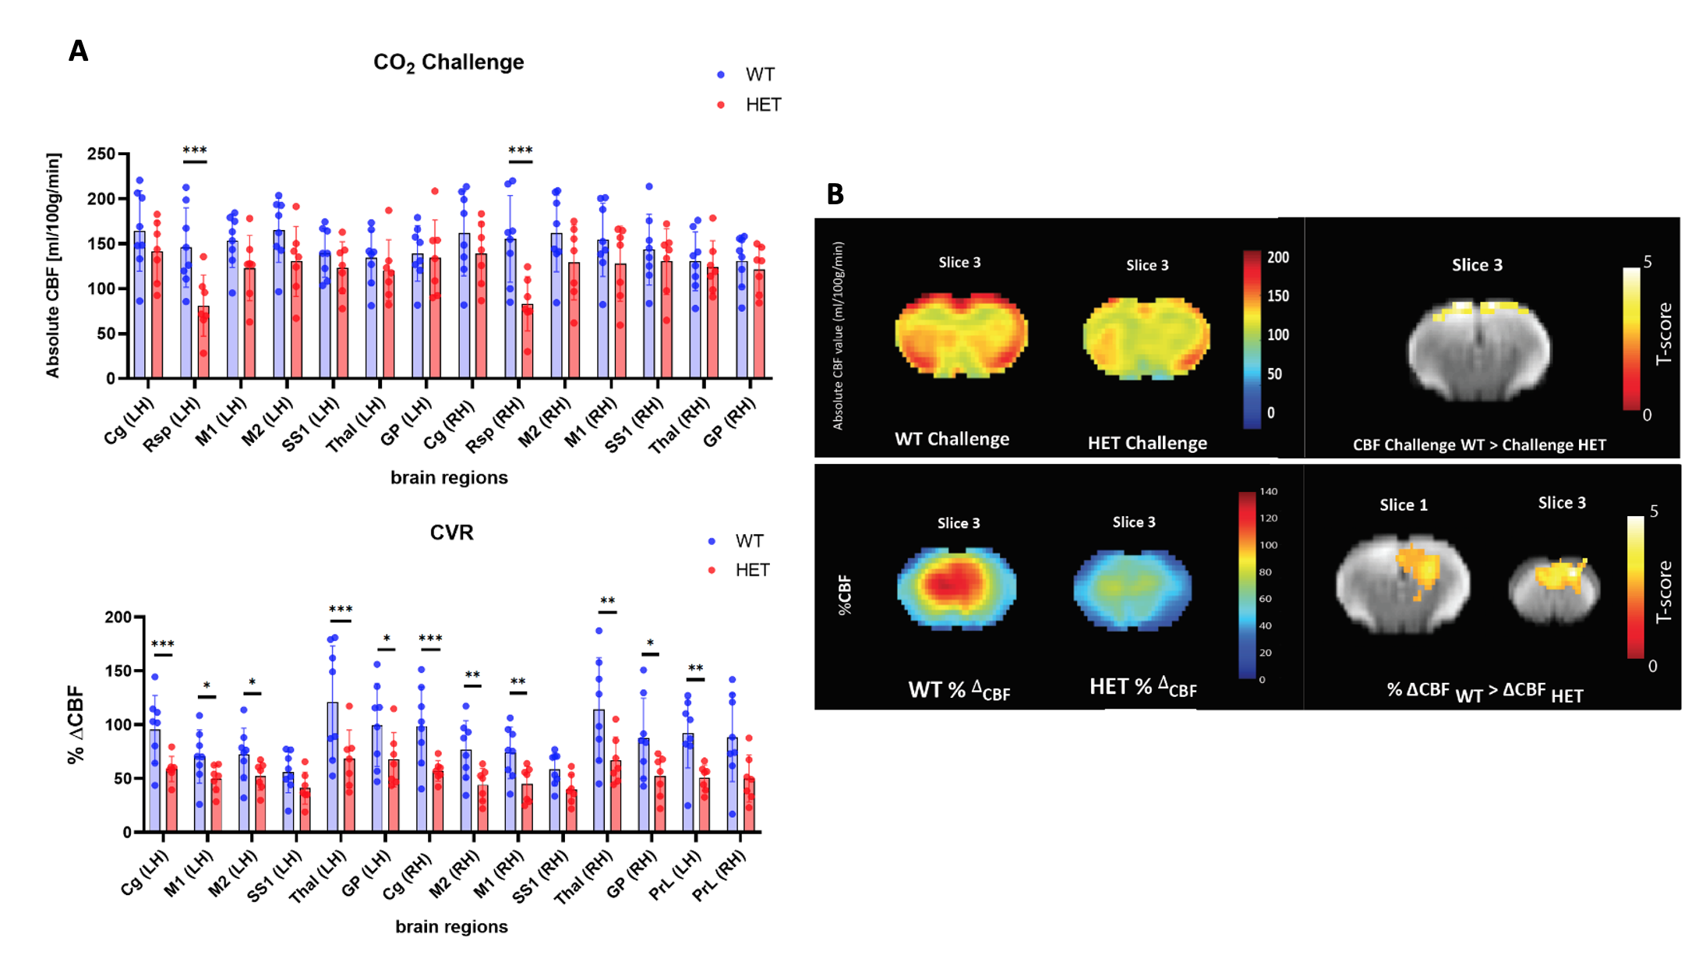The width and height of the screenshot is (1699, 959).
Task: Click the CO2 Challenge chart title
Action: tap(448, 62)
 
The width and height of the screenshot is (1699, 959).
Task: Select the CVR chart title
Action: tap(451, 533)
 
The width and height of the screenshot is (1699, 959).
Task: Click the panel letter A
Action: tap(78, 51)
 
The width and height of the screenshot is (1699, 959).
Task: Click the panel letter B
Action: tap(835, 194)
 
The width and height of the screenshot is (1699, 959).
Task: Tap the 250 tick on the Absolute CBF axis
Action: tap(101, 154)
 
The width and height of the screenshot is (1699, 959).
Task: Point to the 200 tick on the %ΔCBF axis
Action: tap(118, 618)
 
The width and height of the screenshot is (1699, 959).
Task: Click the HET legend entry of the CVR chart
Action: tap(751, 571)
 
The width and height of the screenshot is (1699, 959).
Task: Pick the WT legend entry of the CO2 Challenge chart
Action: tap(759, 75)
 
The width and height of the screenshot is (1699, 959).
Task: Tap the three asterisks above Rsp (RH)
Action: tap(520, 150)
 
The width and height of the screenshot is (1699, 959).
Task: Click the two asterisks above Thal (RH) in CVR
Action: tap(607, 601)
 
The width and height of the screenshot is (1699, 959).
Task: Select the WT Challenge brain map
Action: tap(961, 335)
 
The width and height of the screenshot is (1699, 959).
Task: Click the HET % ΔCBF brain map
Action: tap(1132, 589)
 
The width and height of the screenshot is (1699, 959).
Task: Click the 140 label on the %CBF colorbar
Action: tap(1268, 492)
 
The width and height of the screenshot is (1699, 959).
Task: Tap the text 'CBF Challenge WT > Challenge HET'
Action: tap(1478, 445)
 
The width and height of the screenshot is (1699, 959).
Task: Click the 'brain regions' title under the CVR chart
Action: tap(451, 927)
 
